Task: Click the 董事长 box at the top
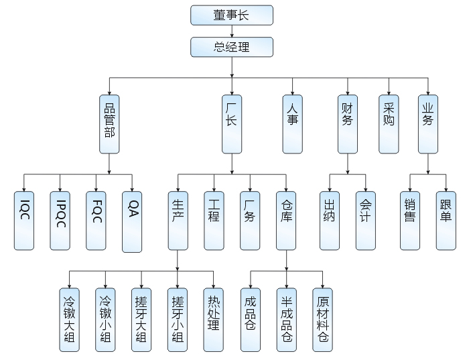click(232, 15)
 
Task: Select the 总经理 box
click(232, 47)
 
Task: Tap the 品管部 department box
click(109, 123)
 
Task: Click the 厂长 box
click(232, 123)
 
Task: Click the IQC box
click(24, 221)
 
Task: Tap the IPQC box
click(60, 221)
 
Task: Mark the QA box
click(132, 221)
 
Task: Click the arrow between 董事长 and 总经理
click(232, 31)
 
